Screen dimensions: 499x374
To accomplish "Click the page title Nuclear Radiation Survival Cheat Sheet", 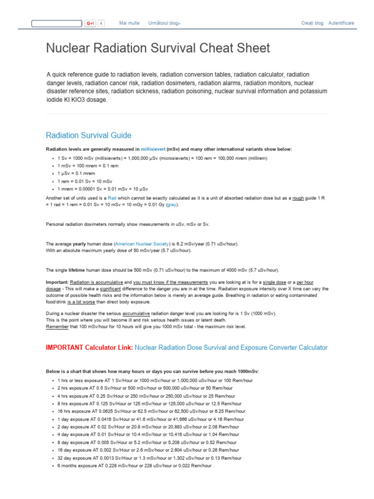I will pyautogui.click(x=158, y=48).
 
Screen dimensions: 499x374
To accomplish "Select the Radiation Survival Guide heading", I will pyautogui.click(x=88, y=135).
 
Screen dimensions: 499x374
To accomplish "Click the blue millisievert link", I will pyautogui.click(x=153, y=149).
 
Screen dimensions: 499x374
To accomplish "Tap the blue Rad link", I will pyautogui.click(x=112, y=198).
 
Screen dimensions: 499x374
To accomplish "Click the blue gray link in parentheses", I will pyautogui.click(x=171, y=205).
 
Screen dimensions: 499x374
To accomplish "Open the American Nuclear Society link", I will pyautogui.click(x=142, y=244).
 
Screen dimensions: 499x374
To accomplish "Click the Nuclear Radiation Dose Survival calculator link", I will pyautogui.click(x=231, y=347).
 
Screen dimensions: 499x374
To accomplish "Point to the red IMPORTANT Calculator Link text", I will pyautogui.click(x=89, y=347).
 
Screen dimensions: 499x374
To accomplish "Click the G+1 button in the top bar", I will pyautogui.click(x=90, y=23).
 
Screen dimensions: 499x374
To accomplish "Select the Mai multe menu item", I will pyautogui.click(x=129, y=23).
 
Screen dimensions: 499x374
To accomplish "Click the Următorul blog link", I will pyautogui.click(x=164, y=23).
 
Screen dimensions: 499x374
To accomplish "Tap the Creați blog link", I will pyautogui.click(x=312, y=23).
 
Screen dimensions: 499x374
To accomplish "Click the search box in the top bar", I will pyautogui.click(x=56, y=23).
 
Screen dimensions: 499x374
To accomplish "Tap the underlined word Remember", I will pyautogui.click(x=57, y=326).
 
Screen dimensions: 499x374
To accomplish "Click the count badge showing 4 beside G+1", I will pyautogui.click(x=101, y=23).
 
